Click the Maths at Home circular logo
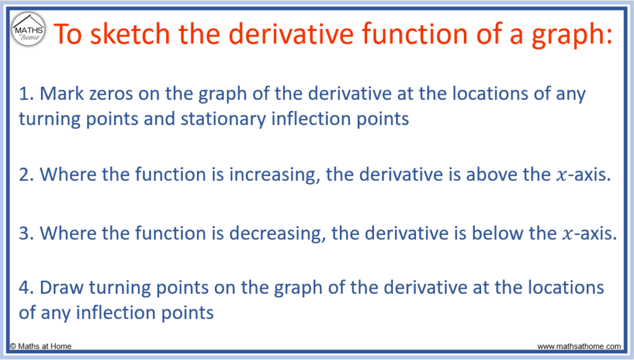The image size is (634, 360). point(28,29)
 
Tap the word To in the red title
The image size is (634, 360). point(67,34)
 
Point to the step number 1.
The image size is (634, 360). point(26,94)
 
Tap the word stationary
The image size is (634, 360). point(223,120)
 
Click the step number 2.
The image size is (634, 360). point(27,175)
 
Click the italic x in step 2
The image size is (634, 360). point(561,176)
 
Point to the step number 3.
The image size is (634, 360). point(27,234)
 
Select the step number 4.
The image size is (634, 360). point(27,288)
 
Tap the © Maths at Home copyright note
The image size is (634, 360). point(40,346)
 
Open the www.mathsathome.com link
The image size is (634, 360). point(579,346)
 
